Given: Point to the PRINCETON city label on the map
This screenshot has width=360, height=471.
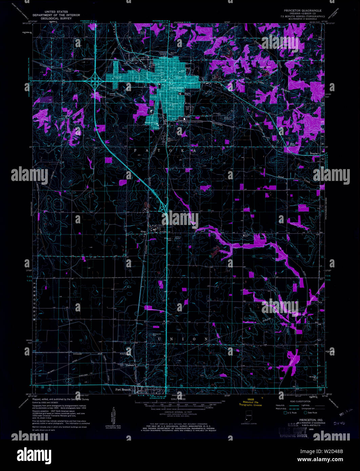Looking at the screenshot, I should pyautogui.click(x=177, y=88).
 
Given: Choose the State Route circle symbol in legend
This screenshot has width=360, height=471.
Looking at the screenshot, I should pyautogui.click(x=305, y=412).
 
